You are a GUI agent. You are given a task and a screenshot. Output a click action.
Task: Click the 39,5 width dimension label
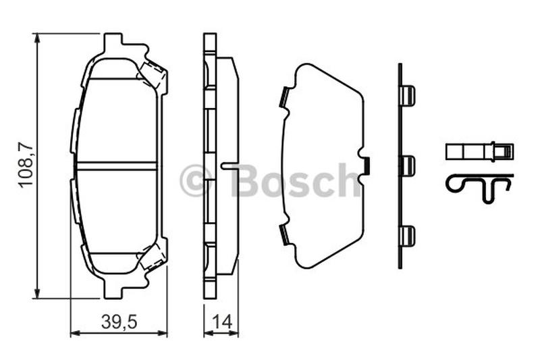[119, 322]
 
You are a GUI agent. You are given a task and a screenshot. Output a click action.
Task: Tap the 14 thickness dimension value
[222, 322]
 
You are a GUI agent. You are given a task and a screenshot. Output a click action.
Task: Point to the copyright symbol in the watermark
[196, 180]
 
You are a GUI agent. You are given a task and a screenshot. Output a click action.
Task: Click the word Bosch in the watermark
[296, 180]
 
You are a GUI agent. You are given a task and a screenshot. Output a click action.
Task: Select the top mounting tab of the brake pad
[113, 43]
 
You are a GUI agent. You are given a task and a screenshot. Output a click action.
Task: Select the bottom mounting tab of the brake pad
[113, 288]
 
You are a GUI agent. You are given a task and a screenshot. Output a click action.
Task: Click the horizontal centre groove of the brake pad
[116, 165]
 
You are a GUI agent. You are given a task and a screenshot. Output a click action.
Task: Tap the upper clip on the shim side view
[408, 95]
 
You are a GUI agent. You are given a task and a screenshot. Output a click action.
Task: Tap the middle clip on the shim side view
[408, 165]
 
